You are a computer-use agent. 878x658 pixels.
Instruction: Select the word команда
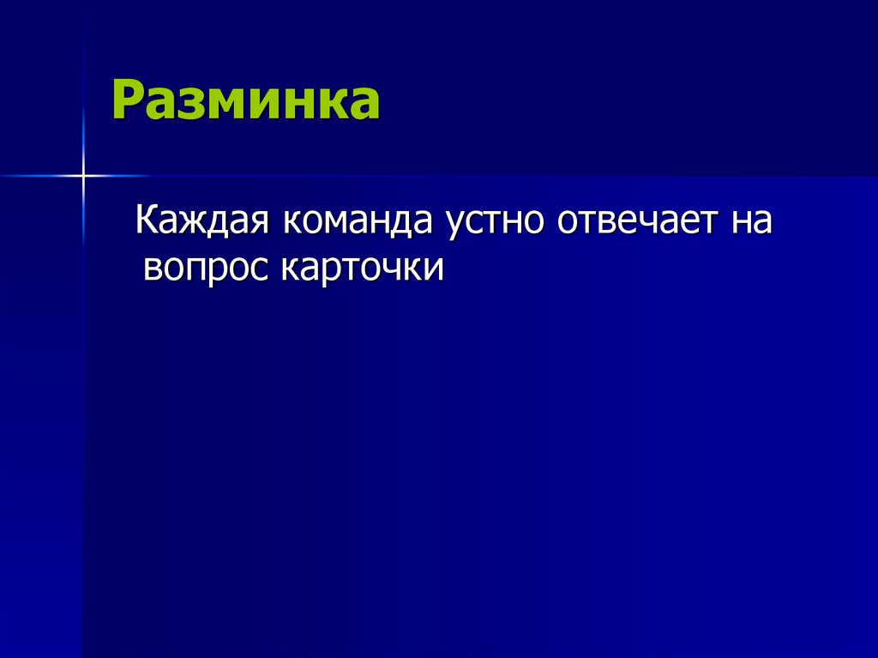[358, 221]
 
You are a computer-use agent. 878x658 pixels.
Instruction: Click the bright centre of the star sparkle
[83, 176]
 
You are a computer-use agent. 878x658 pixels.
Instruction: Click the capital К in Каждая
[147, 221]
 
